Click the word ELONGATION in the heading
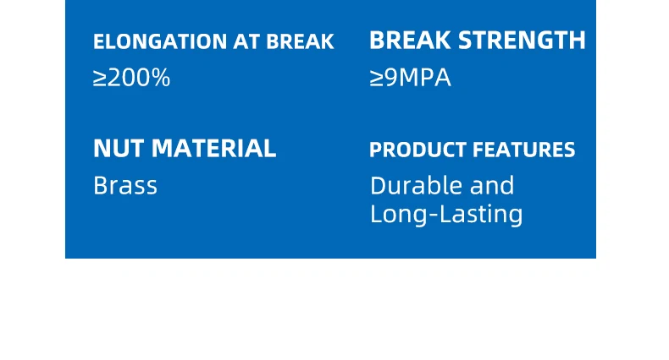[160, 41]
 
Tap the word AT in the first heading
[246, 41]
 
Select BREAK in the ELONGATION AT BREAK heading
[300, 41]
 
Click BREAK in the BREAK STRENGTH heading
[410, 40]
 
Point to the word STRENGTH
[522, 40]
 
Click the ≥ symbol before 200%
[100, 79]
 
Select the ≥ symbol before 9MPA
[376, 79]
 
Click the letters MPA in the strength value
[425, 78]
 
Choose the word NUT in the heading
[119, 148]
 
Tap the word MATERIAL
[213, 148]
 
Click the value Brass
[125, 186]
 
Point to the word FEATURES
[524, 150]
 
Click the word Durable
[417, 186]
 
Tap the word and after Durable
[492, 186]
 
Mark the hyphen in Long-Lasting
[434, 215]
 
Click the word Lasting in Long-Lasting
[481, 215]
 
